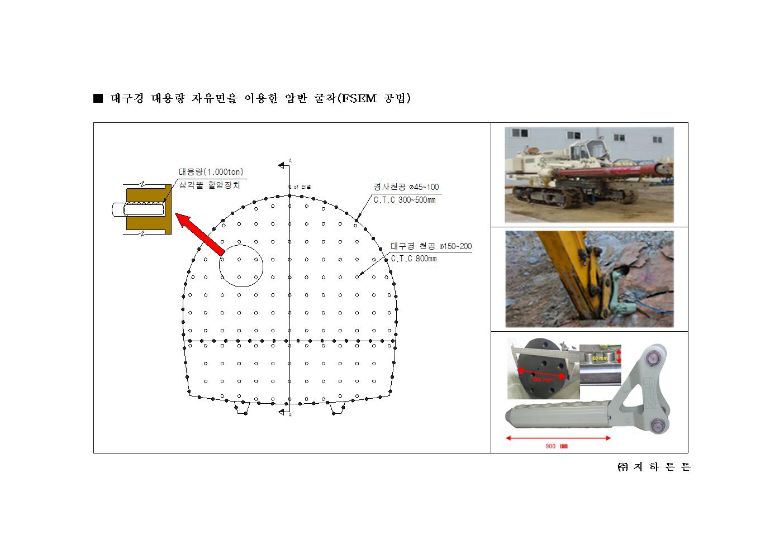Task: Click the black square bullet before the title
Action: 98,99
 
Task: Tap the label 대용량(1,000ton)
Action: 211,172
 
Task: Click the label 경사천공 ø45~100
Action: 406,187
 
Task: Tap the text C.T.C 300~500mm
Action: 404,200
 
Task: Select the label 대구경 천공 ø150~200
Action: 431,246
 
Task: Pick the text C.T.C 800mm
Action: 414,259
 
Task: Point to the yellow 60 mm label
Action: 600,357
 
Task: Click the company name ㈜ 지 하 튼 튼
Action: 654,467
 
